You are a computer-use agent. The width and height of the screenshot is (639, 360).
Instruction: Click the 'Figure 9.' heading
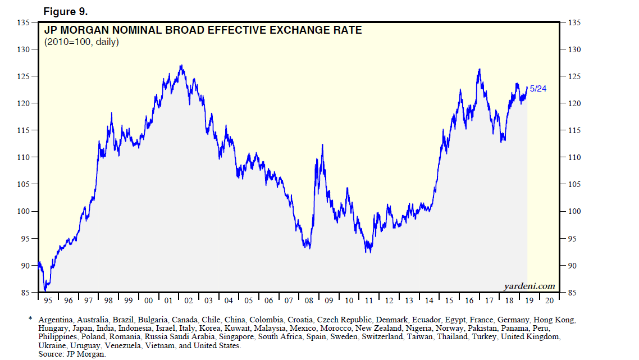point(66,12)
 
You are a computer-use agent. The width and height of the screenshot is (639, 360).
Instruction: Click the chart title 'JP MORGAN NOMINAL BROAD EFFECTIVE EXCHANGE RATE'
point(203,30)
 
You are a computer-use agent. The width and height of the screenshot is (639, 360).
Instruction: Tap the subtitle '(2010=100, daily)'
point(81,42)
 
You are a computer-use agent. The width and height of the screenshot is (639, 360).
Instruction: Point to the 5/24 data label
point(538,89)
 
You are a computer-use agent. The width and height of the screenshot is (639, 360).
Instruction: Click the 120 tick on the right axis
point(573,103)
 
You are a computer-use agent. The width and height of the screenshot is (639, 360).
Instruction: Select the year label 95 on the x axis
point(48,300)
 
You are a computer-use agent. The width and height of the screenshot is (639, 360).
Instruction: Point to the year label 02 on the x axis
point(188,300)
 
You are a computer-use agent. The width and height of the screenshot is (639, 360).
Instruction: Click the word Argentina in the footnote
point(57,320)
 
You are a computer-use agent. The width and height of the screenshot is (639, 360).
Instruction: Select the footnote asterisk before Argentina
point(30,319)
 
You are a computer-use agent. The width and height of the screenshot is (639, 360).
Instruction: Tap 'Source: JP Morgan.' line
point(72,354)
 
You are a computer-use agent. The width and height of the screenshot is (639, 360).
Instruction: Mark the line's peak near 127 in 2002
point(181,65)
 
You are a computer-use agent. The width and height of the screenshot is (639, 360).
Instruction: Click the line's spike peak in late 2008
point(322,145)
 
